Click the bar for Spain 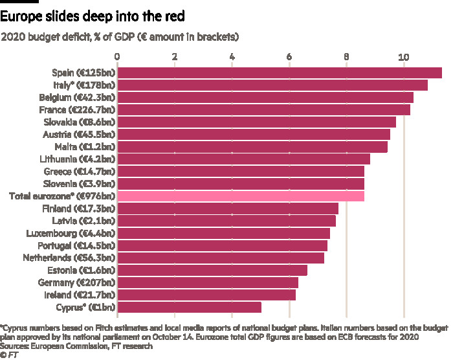point(279,73)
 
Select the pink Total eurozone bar point(240,196)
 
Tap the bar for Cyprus point(189,306)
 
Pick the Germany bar point(207,282)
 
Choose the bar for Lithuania point(243,159)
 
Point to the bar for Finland point(227,208)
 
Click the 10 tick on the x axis point(404,57)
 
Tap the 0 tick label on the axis point(117,57)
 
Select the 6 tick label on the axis point(289,57)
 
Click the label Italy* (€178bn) point(84,85)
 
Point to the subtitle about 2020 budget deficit point(121,37)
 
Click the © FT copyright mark point(8,355)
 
